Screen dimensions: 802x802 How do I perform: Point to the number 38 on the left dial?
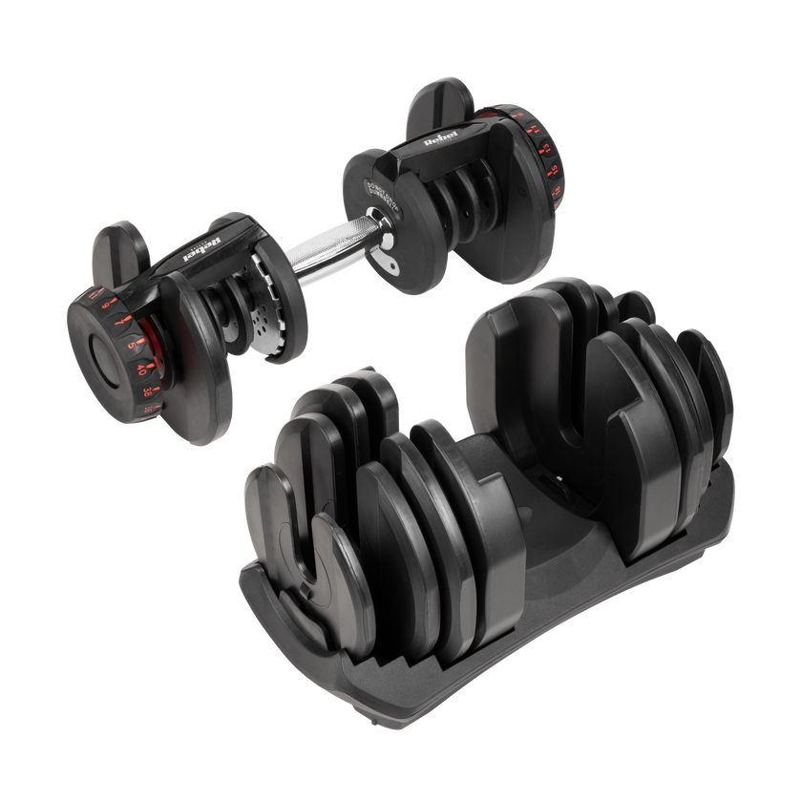click(147, 390)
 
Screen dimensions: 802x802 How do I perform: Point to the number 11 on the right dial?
click(535, 130)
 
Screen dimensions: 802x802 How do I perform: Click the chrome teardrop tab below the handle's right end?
click(387, 260)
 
